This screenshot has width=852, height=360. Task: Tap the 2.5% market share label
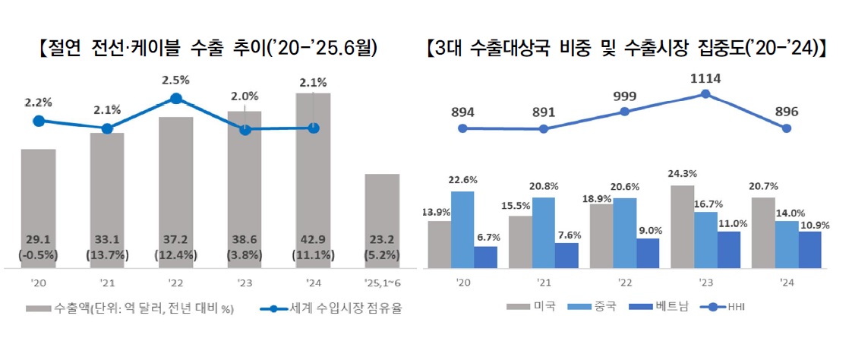pos(175,79)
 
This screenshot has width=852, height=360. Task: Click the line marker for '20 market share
pos(39,121)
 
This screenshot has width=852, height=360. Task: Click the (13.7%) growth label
pos(107,256)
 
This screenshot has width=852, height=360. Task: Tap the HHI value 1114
pos(705,77)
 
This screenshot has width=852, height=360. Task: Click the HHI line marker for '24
pos(787,128)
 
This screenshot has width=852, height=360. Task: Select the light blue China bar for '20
pos(462,229)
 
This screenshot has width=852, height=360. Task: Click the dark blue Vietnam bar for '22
pos(648,253)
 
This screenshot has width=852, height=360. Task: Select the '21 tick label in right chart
pos(543,284)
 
